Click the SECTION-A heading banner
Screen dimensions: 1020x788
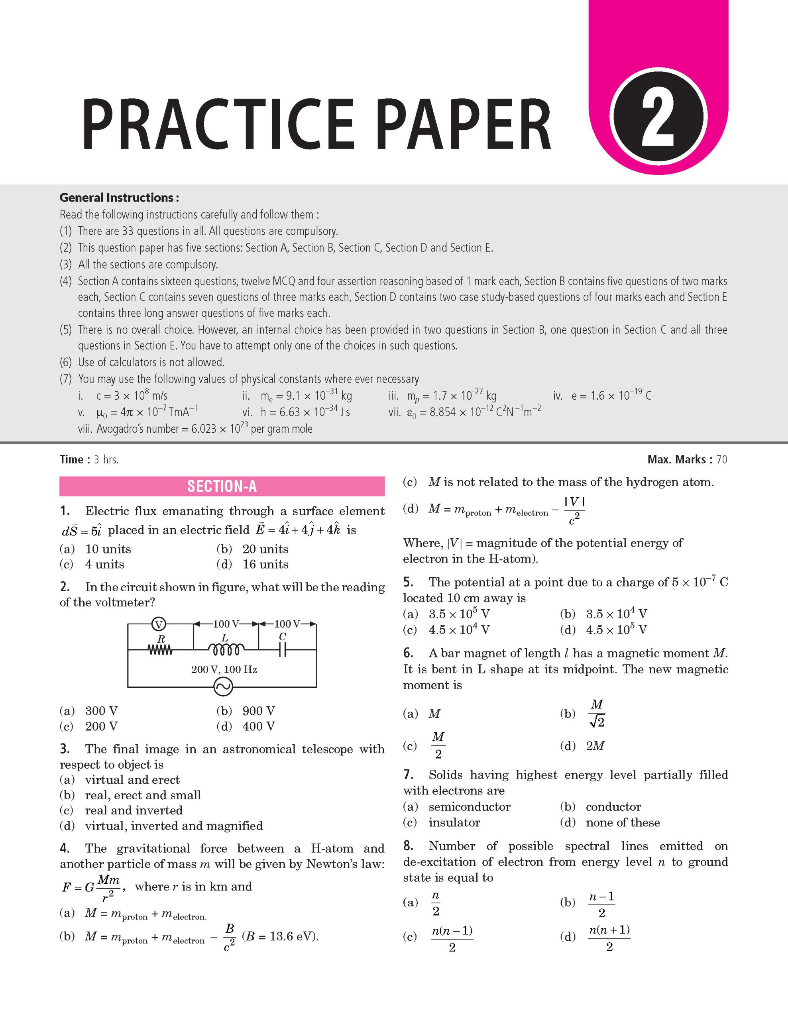click(x=222, y=486)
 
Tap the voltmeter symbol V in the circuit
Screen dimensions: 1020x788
click(x=159, y=624)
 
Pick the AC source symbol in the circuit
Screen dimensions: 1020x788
click(x=223, y=687)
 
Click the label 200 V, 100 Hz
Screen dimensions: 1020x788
click(x=224, y=669)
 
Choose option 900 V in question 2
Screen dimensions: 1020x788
click(x=258, y=710)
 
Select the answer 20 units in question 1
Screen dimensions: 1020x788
click(x=265, y=549)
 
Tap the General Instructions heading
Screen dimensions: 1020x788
click(x=119, y=198)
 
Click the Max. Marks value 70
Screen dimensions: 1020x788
click(x=722, y=459)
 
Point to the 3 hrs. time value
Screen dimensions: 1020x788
click(x=106, y=459)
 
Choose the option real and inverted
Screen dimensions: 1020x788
click(x=134, y=810)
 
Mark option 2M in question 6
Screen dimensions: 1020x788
click(x=595, y=746)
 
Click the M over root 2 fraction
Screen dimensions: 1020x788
click(x=597, y=713)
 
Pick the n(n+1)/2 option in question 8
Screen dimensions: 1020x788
click(x=609, y=938)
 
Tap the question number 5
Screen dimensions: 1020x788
click(x=408, y=582)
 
